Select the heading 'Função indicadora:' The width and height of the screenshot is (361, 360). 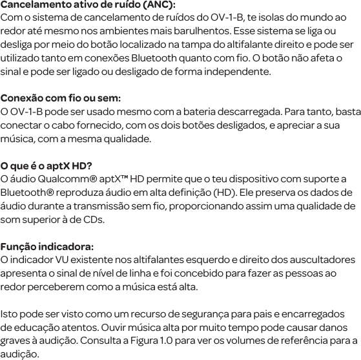[47, 247]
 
